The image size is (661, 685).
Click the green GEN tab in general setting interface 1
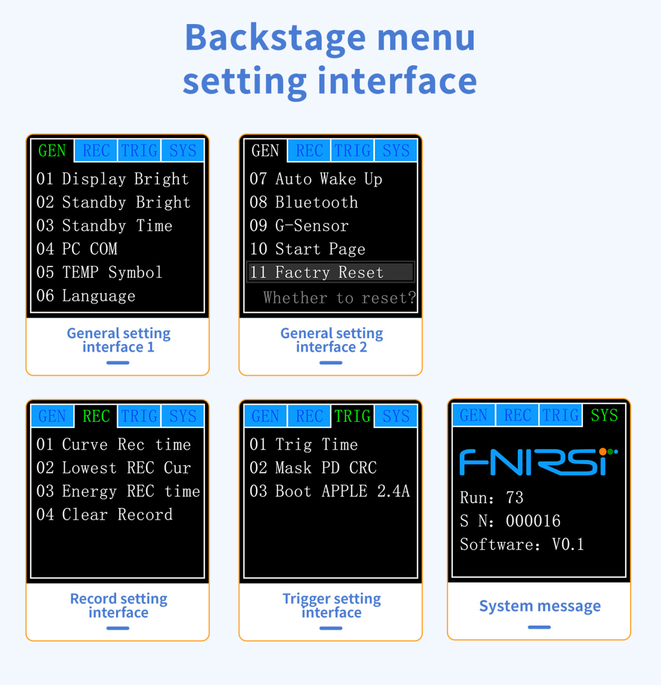pos(52,151)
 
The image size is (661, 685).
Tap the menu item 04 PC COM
pos(77,249)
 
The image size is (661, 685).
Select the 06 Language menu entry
pos(86,296)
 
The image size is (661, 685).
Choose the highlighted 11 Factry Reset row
pos(331,272)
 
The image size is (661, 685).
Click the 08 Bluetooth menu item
pos(304,202)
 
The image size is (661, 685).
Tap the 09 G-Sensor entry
pos(299,226)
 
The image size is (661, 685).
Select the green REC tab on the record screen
pos(96,416)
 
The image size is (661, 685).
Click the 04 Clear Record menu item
pos(104,515)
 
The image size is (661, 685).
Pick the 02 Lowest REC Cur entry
pos(113,468)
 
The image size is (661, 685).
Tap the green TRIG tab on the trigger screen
pos(352,416)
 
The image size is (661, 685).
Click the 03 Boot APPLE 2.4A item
pos(330,491)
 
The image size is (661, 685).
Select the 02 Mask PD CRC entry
pos(313,468)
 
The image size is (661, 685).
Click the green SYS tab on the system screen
pos(604,415)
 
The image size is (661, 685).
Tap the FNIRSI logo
pos(539,461)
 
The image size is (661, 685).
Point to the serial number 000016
pos(533,521)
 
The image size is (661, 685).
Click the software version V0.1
pos(568,544)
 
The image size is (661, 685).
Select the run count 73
pos(514,498)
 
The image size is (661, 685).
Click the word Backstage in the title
pos(275,37)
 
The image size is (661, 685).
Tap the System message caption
pos(540,606)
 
